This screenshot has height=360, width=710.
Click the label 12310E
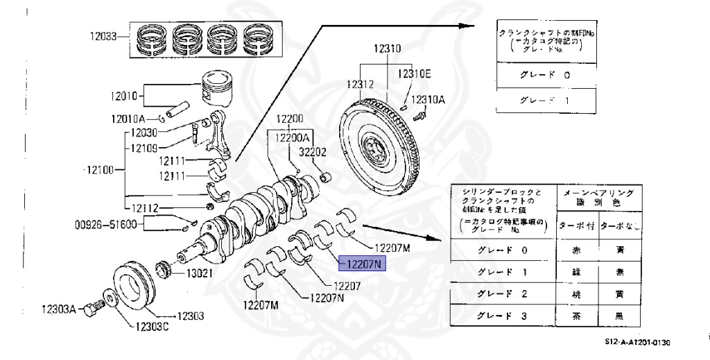414,74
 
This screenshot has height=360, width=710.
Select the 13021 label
195,273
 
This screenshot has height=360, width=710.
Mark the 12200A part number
293,137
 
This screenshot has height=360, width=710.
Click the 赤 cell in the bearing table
575,250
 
